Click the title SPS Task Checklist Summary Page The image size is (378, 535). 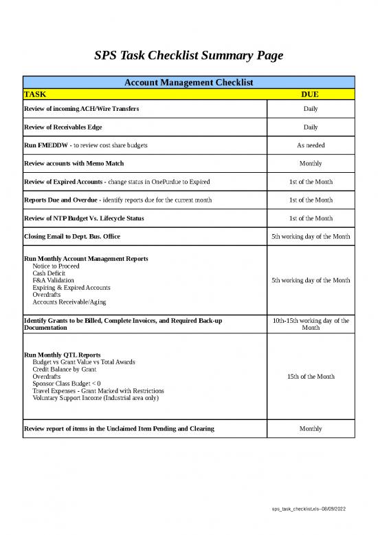click(188, 55)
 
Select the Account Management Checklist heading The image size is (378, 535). click(188, 83)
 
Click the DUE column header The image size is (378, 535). click(310, 94)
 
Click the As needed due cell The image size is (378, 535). click(310, 145)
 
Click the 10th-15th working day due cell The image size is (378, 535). click(310, 324)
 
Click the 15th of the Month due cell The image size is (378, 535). click(310, 377)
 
